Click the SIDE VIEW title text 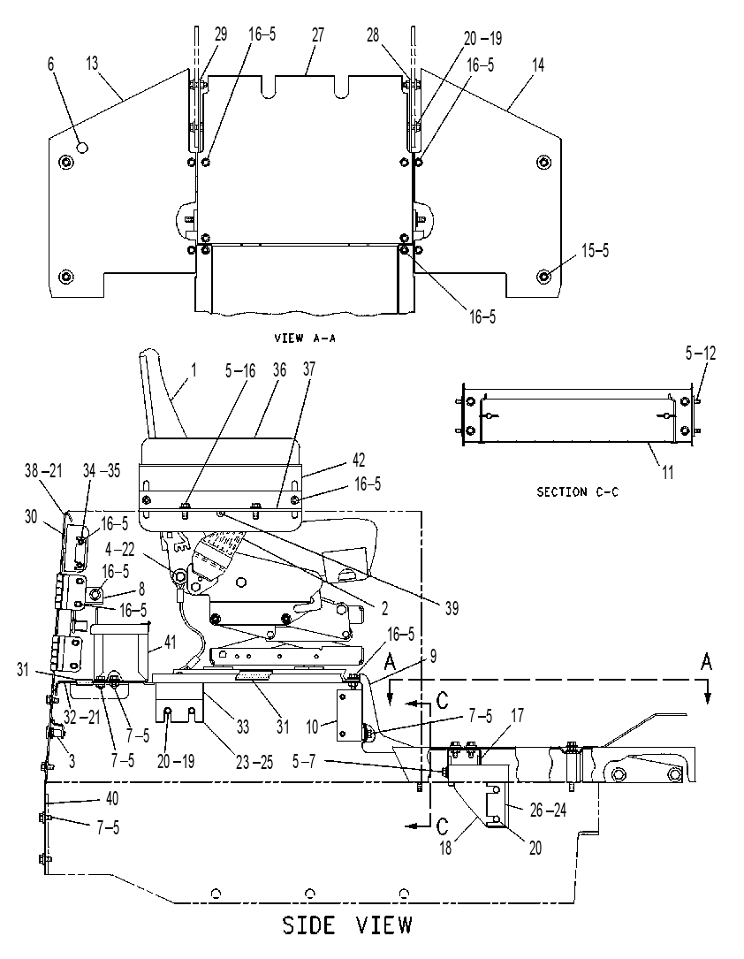coord(347,925)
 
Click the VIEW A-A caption coord(305,338)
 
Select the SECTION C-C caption coord(577,491)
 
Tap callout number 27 coord(318,34)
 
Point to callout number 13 coord(92,64)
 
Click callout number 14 coord(538,65)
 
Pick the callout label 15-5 coord(595,251)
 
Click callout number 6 coord(50,64)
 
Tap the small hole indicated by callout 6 coord(82,147)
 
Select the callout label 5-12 coord(701,353)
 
